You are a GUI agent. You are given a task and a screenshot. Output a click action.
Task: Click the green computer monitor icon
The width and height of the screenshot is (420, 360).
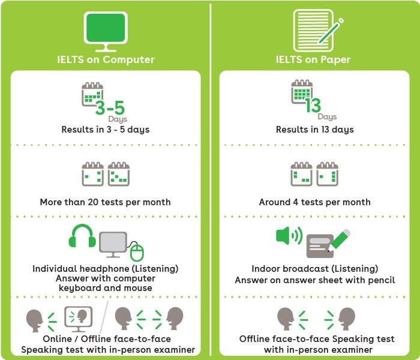click(x=105, y=29)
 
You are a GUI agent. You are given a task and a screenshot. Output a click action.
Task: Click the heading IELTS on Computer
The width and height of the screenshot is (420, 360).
click(x=105, y=59)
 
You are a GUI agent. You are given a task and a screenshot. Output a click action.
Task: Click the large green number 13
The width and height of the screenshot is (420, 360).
click(x=313, y=106)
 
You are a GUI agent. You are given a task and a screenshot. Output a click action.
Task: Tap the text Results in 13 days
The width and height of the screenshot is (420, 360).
click(x=315, y=130)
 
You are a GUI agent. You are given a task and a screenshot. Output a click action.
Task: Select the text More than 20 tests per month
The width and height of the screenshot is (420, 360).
click(x=105, y=202)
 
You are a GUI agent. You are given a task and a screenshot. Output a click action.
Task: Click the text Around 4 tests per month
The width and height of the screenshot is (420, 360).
click(x=315, y=202)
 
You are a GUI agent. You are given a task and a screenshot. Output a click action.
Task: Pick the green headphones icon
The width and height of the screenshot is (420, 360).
click(x=82, y=236)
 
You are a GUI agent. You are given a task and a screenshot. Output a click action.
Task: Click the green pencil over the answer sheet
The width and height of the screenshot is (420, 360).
click(x=340, y=239)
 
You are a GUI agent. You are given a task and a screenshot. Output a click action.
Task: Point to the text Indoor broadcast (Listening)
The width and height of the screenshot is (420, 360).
click(x=315, y=269)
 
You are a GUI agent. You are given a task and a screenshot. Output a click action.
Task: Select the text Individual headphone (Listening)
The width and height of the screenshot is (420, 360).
click(x=105, y=269)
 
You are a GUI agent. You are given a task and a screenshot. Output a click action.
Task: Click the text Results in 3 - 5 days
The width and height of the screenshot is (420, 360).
click(x=105, y=130)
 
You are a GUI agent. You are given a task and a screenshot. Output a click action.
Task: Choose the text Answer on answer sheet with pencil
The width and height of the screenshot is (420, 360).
click(x=315, y=280)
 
